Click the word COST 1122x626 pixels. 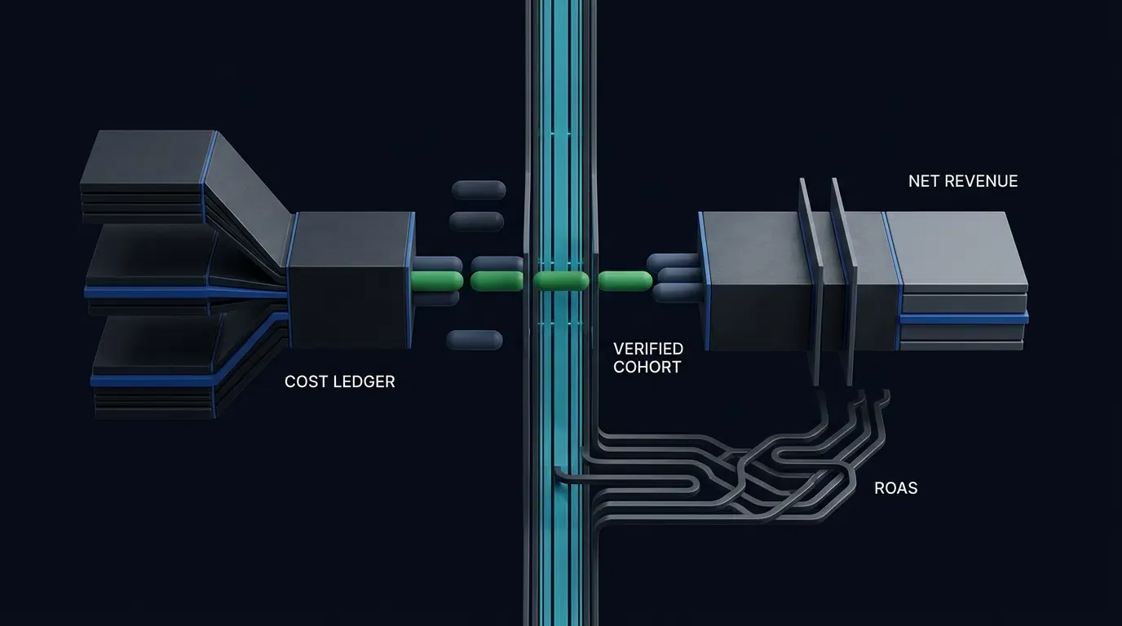[306, 381]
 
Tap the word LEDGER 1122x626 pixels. [364, 381]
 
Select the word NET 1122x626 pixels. [924, 181]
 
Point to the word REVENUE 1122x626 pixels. [981, 181]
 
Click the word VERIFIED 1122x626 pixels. [648, 349]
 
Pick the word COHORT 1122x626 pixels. [647, 367]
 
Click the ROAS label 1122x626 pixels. [895, 487]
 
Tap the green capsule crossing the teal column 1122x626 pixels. [561, 281]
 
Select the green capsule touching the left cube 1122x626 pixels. [436, 281]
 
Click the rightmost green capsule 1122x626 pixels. [625, 281]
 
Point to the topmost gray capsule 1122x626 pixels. [479, 190]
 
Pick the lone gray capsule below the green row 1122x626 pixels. [474, 340]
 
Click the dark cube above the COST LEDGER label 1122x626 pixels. [351, 280]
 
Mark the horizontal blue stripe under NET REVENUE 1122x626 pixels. [964, 318]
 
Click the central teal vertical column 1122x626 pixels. [560, 313]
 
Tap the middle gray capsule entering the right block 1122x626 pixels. [679, 275]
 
